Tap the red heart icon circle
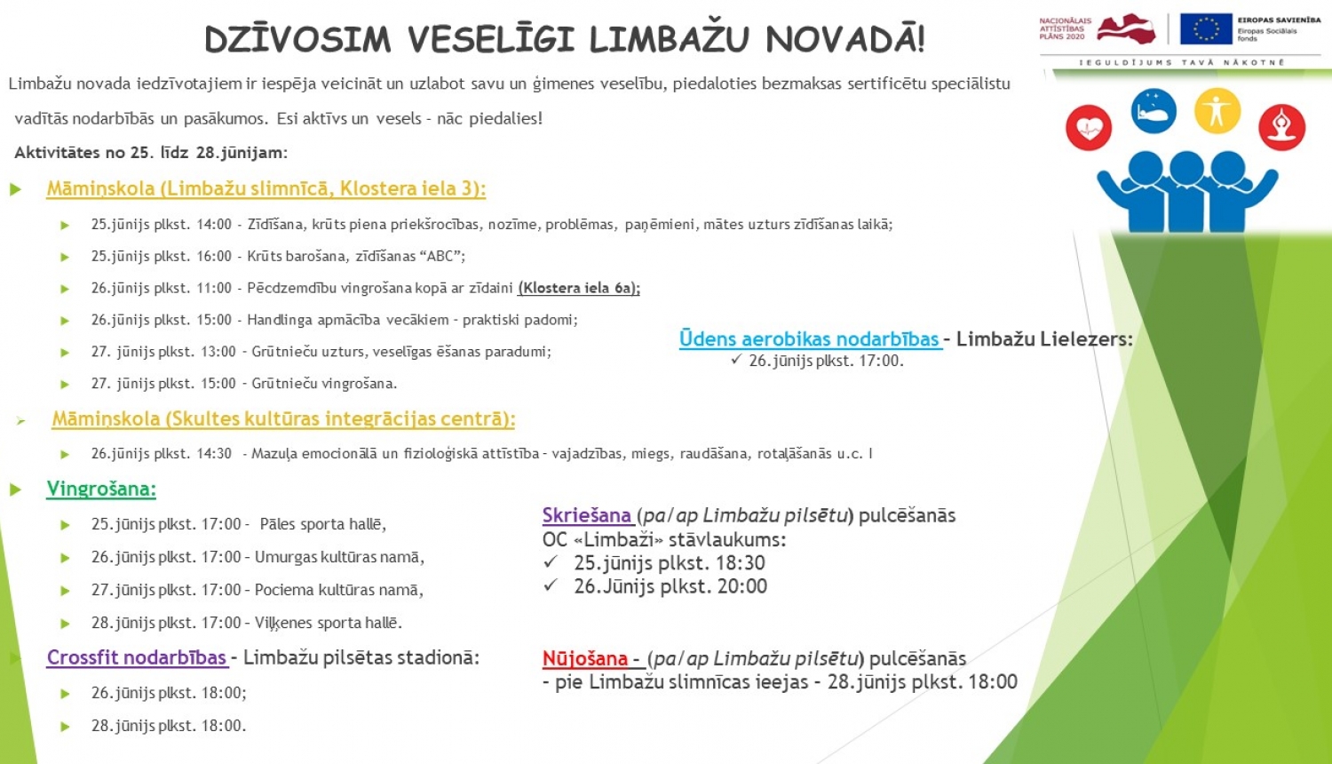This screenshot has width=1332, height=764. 1089,128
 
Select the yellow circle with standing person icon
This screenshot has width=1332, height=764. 1217,111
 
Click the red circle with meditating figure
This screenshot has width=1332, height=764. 1281,127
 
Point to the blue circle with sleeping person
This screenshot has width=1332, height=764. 1154,111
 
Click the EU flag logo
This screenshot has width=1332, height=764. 1206,29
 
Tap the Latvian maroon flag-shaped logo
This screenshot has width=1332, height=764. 1126,28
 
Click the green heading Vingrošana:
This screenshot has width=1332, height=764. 101,489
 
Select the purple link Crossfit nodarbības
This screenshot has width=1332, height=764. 137,657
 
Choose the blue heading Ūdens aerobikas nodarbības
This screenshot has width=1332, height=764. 809,338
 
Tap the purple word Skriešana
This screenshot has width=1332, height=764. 586,515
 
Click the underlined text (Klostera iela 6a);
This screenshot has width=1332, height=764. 579,288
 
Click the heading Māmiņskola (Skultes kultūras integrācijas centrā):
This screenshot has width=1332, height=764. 283,418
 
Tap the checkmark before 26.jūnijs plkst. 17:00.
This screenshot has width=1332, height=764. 736,360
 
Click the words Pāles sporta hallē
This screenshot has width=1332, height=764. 322,524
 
